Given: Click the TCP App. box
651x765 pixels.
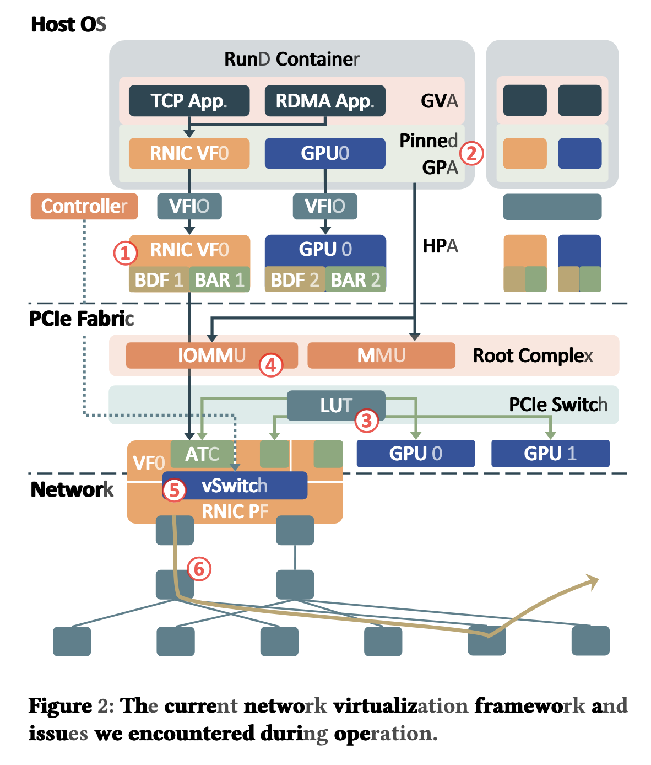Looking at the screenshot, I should [189, 101].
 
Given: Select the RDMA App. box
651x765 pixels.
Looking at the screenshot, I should [325, 101].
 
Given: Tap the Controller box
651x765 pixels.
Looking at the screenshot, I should [84, 206].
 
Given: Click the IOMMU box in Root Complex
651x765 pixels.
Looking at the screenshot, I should [211, 355].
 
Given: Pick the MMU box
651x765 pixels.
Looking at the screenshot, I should [381, 355].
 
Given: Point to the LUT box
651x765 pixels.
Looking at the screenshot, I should [336, 406].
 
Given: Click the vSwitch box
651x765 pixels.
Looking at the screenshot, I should [235, 486].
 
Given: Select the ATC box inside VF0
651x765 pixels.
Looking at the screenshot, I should [202, 454].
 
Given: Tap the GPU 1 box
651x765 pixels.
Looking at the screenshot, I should [550, 454].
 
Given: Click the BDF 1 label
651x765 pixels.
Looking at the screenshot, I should [159, 280].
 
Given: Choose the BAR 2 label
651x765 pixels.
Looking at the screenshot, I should [355, 280].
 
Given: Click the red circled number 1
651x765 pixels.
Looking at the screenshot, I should [125, 253].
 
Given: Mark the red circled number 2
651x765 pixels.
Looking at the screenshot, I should [472, 153].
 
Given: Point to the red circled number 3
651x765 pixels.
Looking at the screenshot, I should [366, 421].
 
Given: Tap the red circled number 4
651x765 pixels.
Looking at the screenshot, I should [271, 364].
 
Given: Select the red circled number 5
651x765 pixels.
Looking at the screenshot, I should [174, 489].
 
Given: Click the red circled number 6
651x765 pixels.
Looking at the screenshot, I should [199, 568].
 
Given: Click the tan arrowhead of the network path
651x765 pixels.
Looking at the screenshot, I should [593, 581].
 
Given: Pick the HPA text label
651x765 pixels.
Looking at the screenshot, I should [440, 246].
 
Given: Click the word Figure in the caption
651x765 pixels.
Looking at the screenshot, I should [61, 706].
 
